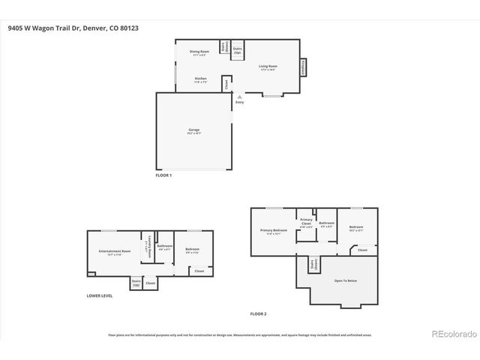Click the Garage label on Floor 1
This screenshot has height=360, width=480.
[x=194, y=131]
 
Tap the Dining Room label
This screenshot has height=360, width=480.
[x=199, y=52]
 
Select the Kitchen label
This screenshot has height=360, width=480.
[x=200, y=79]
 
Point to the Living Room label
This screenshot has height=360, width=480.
[x=268, y=67]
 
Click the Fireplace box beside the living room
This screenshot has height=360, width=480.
[x=304, y=67]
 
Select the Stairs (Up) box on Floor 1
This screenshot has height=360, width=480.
[x=237, y=49]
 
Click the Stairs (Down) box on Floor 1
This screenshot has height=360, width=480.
[x=224, y=47]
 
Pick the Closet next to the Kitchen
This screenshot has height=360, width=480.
[x=227, y=83]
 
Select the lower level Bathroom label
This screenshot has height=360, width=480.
[x=164, y=247]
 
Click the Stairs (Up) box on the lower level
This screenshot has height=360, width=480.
[x=136, y=283]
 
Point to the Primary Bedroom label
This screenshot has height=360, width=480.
[x=273, y=231]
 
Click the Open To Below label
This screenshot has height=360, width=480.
[x=345, y=280]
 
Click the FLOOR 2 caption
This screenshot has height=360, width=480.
[x=258, y=313]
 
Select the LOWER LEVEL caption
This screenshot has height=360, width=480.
[x=99, y=296]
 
